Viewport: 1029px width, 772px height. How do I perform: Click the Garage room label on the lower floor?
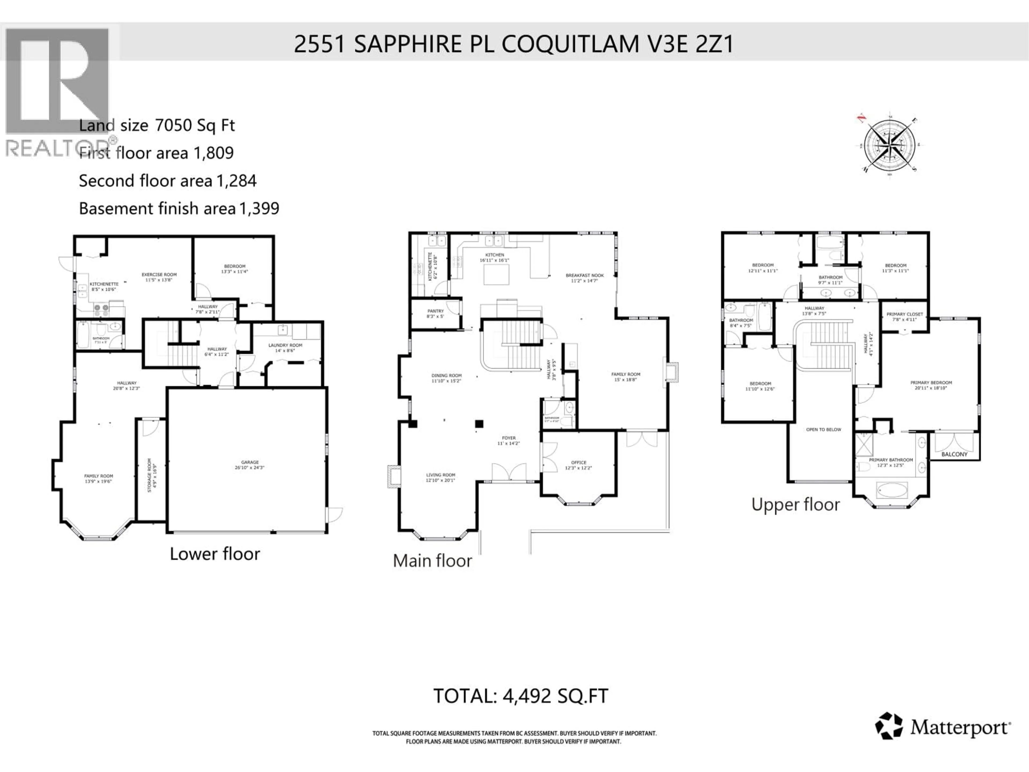click(250, 463)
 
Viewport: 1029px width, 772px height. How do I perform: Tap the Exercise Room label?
click(159, 274)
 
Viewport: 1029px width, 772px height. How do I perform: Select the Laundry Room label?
click(285, 345)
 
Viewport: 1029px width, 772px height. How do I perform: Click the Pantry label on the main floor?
click(435, 311)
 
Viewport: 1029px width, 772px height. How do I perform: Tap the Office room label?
click(579, 463)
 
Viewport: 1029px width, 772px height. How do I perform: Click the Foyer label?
click(508, 438)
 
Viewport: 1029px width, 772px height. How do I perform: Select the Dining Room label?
click(446, 376)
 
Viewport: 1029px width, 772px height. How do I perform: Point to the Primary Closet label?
click(905, 314)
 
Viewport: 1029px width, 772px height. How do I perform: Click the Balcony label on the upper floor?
click(954, 454)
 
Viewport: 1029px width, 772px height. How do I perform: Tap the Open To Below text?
click(823, 429)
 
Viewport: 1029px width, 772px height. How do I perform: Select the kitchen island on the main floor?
click(496, 274)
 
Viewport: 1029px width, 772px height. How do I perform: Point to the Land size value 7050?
click(173, 125)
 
